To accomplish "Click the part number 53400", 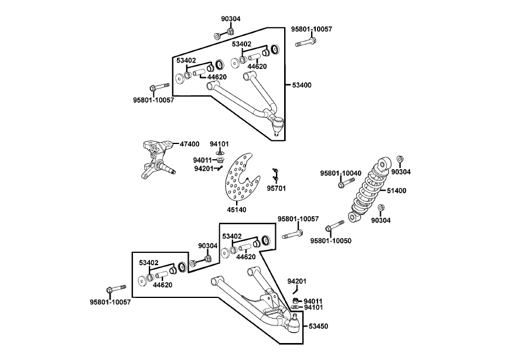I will coord(302,85).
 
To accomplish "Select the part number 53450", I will coord(319,325).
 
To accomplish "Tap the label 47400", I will coord(189,143).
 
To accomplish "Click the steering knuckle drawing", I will coord(156,159).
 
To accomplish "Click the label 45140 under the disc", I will coord(236,210).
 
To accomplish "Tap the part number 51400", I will coord(396,191).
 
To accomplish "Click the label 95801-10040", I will coord(340,173).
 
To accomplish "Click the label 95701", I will coord(276,188).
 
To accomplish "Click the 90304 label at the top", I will coord(231,19).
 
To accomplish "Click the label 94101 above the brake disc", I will coord(219,143).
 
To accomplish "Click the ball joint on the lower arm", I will coord(295,320).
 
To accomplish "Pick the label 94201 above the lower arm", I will coord(297,282).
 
